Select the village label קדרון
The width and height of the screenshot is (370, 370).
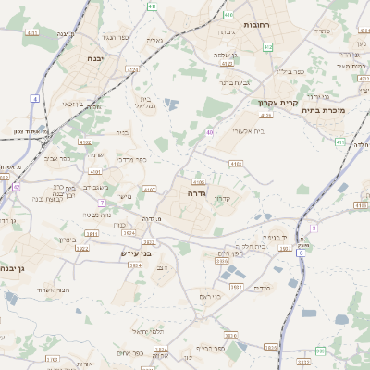(x=222, y=198)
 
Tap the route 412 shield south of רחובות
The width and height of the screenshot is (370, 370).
(x=268, y=46)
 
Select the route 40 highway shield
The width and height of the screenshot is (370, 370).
(x=210, y=133)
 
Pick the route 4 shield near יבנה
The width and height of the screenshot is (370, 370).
(x=34, y=97)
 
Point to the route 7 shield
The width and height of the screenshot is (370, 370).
(x=101, y=202)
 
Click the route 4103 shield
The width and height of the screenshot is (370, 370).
(x=236, y=163)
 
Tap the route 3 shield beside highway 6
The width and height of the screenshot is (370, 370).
(x=314, y=227)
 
